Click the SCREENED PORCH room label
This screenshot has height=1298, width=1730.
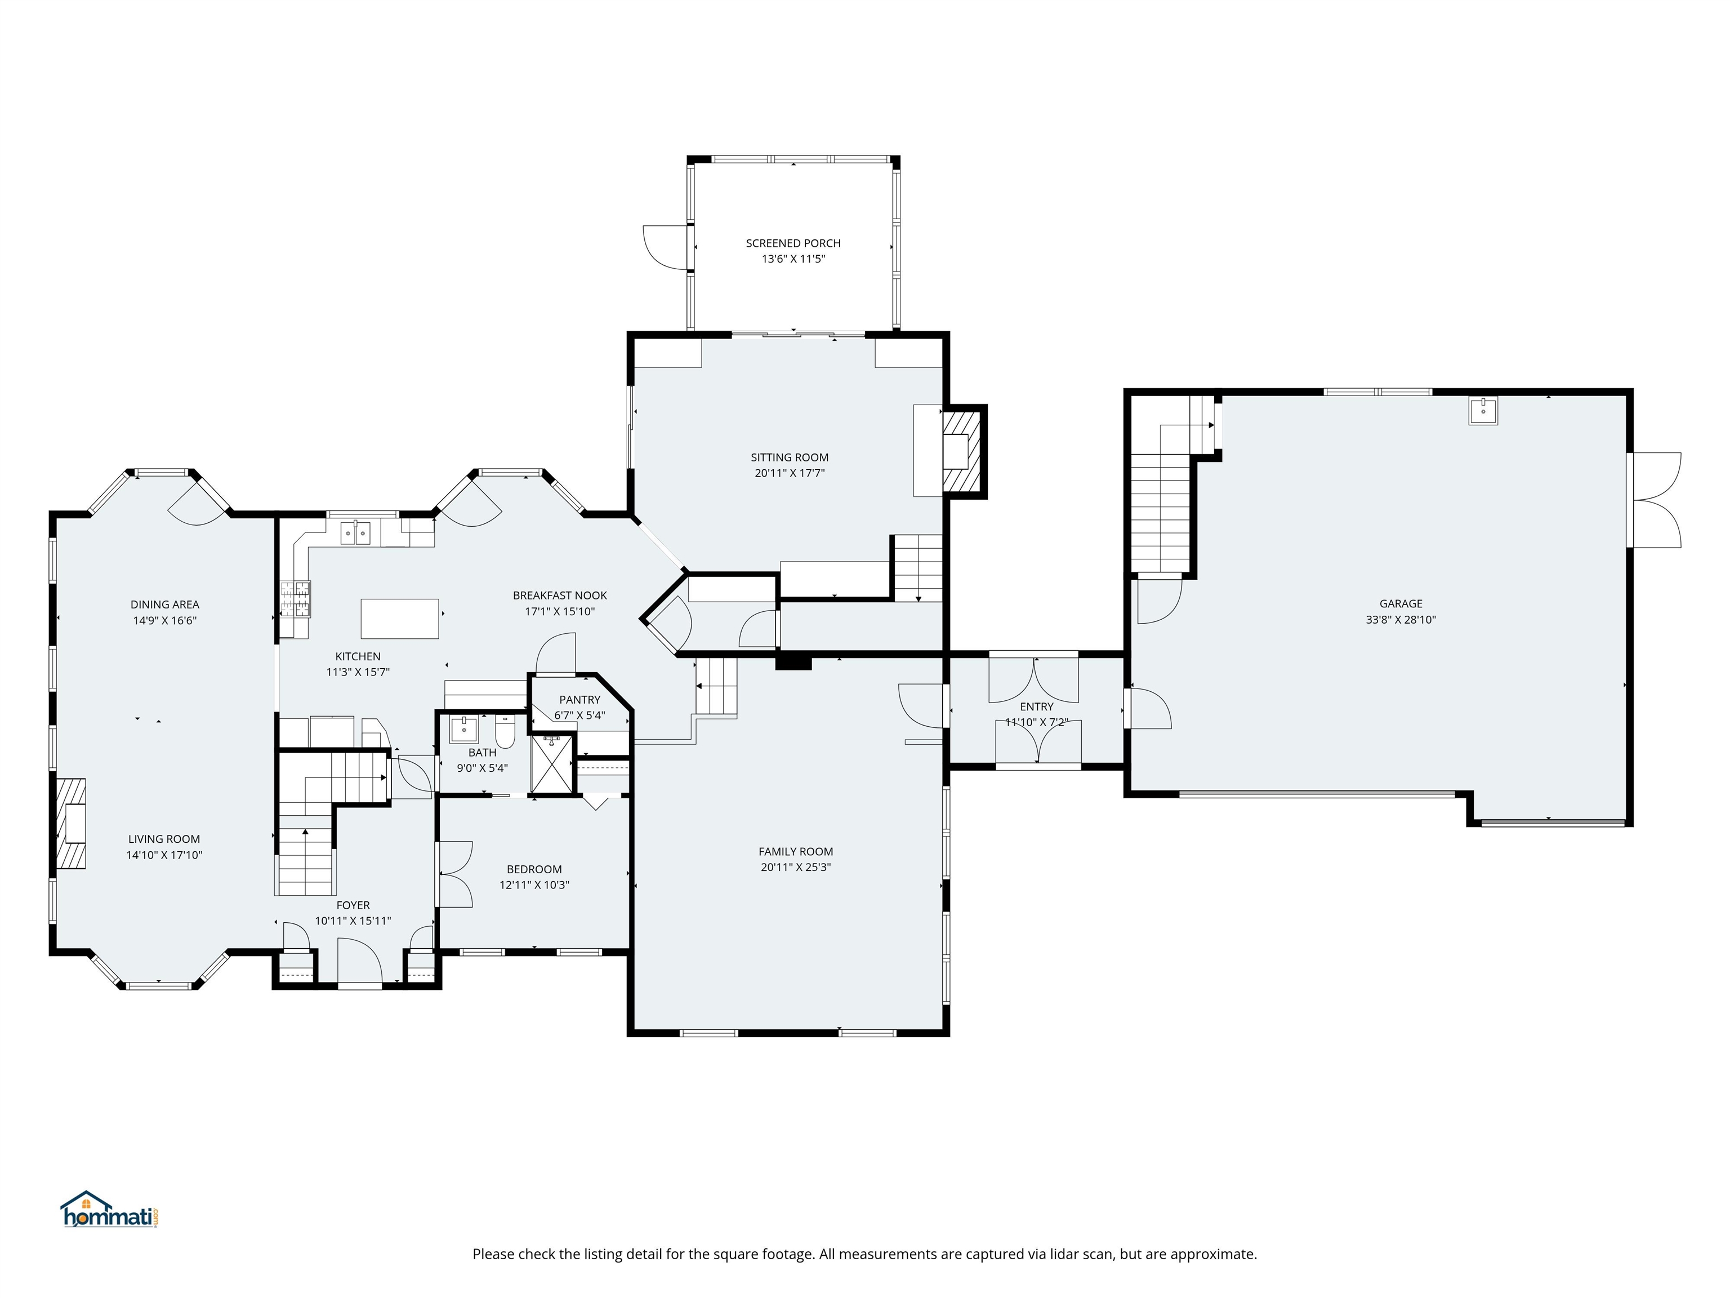pos(793,243)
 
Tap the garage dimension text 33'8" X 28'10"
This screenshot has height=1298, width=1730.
pos(1400,620)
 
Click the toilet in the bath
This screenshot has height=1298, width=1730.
pos(505,733)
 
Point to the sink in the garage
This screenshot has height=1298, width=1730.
pos(1482,411)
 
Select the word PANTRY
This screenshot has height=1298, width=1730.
pos(579,700)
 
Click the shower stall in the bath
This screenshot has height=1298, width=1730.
pos(552,763)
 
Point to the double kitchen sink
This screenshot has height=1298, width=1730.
pos(356,533)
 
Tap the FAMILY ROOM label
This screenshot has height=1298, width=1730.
pos(795,851)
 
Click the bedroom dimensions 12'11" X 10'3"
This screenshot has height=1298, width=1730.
pos(534,885)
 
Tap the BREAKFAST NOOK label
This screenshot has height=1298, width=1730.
pos(559,595)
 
